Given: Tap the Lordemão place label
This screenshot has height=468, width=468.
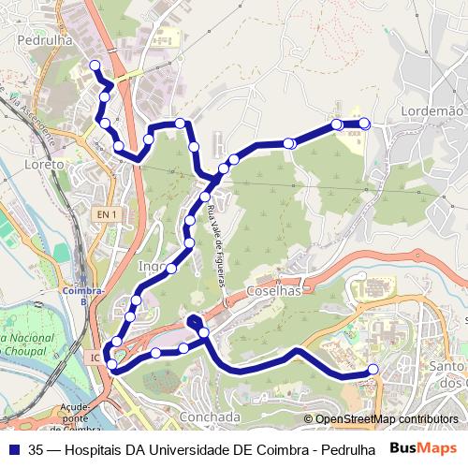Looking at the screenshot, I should coord(433,110).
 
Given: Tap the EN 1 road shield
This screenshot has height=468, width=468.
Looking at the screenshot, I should coord(106,214).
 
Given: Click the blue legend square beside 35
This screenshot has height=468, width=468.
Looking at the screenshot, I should coord(13,448).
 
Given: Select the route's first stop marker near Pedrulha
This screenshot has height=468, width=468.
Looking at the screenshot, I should coord(94,65).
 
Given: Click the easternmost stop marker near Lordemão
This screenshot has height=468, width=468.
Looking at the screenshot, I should coord(365,124).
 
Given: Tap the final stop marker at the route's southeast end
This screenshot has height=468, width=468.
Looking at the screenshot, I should coord(373,370).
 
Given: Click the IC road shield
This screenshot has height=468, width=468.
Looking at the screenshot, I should coord(95,357).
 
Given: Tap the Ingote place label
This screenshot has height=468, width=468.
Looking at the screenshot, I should coord(153,266).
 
